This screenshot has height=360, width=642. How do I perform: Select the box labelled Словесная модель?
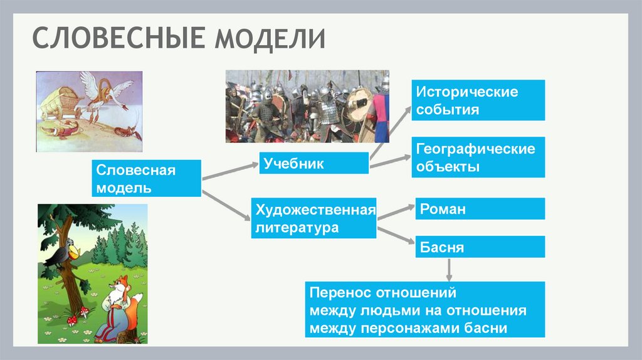pos(147,179)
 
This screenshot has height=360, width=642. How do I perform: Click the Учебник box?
pos(313,164)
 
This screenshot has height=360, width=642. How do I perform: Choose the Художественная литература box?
pos(313,218)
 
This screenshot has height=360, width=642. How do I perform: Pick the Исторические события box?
pos(478,101)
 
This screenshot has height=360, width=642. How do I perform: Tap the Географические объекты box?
pos(478,158)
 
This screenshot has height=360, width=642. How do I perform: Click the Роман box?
pos(478,209)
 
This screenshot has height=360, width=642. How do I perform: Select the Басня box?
pos(478,247)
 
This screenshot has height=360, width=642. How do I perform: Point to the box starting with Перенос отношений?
pos(424,310)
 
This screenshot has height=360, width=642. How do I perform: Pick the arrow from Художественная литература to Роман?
pos(395,211)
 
